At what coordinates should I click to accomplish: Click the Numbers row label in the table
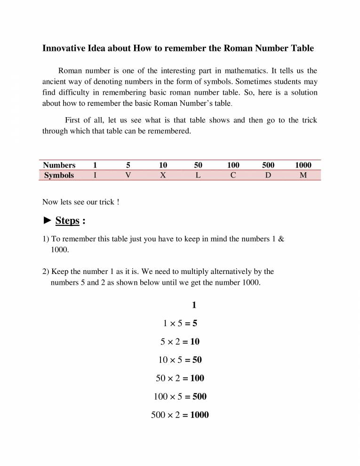coord(59,165)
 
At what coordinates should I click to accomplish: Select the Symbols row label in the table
coord(59,175)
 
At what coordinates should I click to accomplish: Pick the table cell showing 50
coord(198,165)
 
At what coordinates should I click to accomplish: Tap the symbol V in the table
coord(128,175)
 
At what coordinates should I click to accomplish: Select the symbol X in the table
coord(163,175)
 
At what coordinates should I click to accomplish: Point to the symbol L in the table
coord(198,175)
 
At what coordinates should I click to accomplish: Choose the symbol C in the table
coord(233,175)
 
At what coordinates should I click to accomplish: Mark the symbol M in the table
coord(303,175)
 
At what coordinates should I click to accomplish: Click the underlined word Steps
coord(67,220)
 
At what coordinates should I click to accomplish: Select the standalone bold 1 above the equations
coord(194,305)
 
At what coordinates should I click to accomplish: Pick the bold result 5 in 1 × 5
coord(194,323)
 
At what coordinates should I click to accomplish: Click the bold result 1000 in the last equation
coord(200,415)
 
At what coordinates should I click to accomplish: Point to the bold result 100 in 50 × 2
coord(197,378)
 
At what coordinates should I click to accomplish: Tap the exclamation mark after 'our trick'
coord(118,202)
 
